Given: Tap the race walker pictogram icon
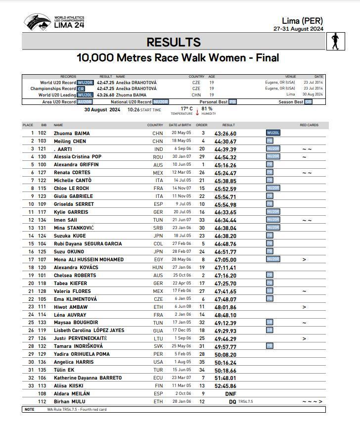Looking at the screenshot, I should click(336, 42).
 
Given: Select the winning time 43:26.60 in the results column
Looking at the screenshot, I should click(225, 133).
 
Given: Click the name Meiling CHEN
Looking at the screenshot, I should click(70, 141).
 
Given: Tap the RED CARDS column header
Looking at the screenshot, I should click(309, 125).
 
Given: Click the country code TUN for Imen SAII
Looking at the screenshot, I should click(158, 220).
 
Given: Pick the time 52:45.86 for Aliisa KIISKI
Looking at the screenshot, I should click(225, 385).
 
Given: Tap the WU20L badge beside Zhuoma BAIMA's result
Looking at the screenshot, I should click(273, 133).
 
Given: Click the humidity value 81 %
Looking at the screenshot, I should click(207, 108).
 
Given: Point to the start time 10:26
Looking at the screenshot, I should click(133, 110).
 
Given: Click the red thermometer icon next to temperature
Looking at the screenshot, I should click(197, 111).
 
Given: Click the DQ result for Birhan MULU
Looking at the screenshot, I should click(232, 401).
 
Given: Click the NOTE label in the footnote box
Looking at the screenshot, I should click(29, 409).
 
